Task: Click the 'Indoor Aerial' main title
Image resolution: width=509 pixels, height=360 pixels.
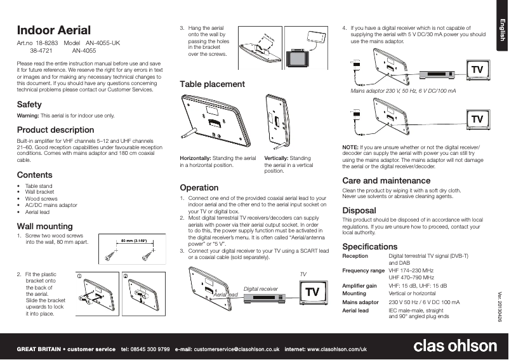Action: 54,30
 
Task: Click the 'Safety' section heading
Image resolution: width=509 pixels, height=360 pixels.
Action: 29,104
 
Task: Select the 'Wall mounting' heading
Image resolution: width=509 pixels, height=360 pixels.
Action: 44,226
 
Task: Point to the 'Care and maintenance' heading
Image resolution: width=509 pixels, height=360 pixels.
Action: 386,181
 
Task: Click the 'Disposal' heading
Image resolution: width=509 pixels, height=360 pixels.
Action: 359,210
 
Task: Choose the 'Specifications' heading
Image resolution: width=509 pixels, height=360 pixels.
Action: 370,246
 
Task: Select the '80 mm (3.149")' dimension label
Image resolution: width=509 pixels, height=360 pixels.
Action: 135,241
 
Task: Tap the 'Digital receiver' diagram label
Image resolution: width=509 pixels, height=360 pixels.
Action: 261,289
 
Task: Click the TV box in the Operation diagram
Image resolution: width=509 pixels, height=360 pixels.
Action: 312,292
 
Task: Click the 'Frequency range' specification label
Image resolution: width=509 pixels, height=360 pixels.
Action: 363,270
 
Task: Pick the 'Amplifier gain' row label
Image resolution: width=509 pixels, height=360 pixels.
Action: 359,286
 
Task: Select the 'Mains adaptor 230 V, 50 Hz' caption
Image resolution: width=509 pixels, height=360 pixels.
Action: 403,92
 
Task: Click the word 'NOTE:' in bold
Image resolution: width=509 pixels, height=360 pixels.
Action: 350,147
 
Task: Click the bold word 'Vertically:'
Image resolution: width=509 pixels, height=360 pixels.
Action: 278,157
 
